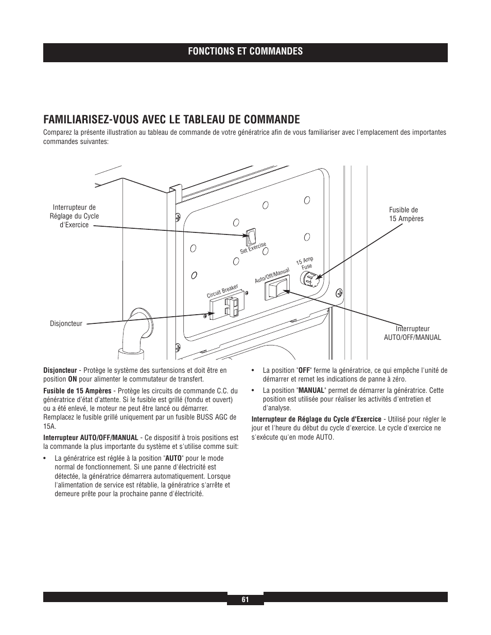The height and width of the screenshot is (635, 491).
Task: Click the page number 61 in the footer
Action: coord(245,600)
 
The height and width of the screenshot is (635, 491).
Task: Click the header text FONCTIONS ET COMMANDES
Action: coord(245,51)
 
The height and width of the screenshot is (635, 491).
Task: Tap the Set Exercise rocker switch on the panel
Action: coord(250,237)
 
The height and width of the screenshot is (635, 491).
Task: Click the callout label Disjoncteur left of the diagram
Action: coord(66,323)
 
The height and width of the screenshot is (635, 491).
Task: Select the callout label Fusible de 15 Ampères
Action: coord(406,214)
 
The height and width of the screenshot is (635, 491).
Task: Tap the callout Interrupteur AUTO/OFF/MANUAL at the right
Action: coord(412,333)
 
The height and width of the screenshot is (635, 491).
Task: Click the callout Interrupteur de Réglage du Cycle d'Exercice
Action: coord(74,216)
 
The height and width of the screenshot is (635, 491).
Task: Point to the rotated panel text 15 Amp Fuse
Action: coord(306,263)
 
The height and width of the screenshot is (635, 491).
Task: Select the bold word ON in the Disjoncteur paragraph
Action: coord(73,379)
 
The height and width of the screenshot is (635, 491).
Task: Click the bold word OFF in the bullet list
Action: coord(304,370)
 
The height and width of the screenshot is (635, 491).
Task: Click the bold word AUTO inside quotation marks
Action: coord(173,458)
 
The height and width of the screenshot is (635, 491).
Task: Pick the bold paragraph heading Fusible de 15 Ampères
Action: coord(77,391)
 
